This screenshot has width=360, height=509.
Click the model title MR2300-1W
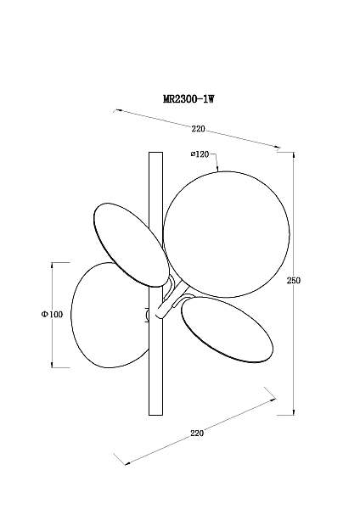(x=188, y=98)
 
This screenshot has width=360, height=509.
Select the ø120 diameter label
(x=200, y=154)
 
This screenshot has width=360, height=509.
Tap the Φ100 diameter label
(x=52, y=314)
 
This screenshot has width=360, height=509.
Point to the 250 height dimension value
(x=294, y=280)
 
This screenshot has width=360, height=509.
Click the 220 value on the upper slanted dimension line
(x=198, y=129)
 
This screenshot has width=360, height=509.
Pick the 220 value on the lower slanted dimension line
(x=197, y=433)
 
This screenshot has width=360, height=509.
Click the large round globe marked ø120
(x=226, y=234)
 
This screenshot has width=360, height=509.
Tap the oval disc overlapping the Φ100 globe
(x=132, y=245)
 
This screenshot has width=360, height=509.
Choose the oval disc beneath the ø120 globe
(x=227, y=329)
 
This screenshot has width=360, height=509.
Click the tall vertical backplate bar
(x=155, y=283)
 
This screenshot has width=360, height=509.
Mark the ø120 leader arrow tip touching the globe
(x=217, y=171)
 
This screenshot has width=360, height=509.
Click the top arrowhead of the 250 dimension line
(x=294, y=154)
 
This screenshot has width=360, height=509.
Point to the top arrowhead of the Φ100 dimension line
(x=52, y=265)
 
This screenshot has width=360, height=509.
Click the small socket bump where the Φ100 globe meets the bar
(x=147, y=315)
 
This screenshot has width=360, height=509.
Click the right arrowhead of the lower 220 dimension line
(x=273, y=400)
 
